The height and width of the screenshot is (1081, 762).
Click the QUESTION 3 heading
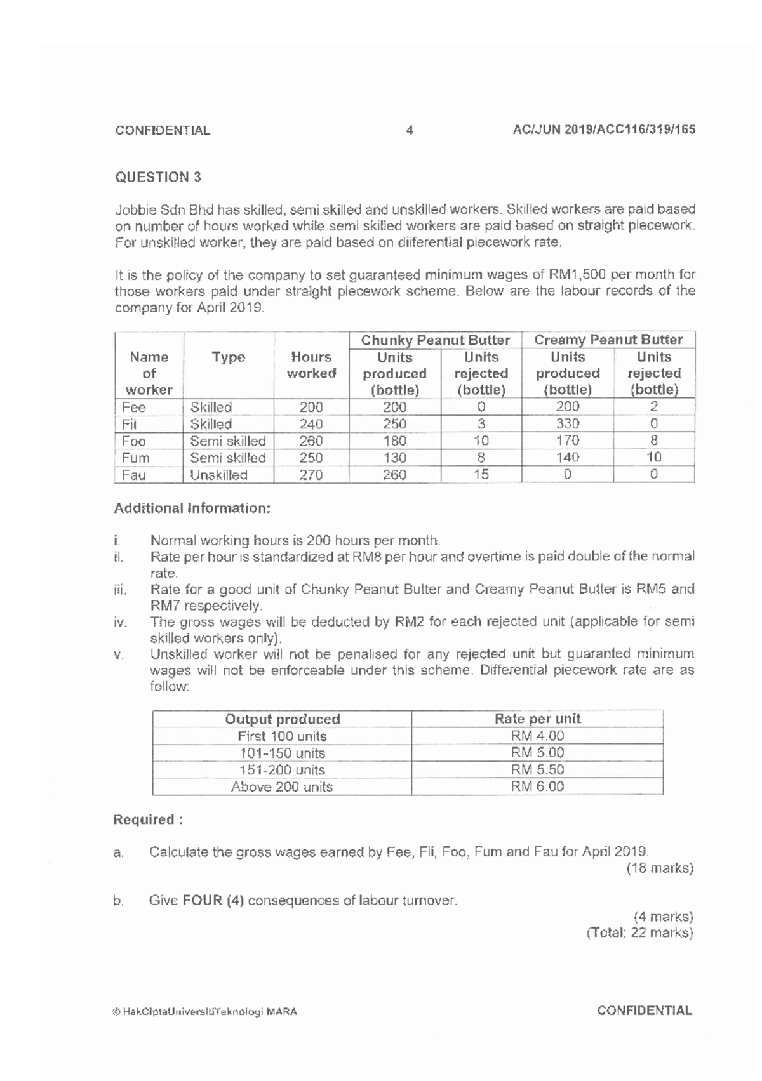coord(158,177)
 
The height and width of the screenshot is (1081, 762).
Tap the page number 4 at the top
coord(410,131)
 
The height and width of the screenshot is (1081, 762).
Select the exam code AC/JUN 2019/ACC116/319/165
coord(604,130)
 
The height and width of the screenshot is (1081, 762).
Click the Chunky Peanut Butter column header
coord(436,340)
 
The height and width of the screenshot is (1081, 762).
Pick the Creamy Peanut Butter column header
coord(608,340)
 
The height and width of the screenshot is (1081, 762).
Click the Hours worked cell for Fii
coord(311,424)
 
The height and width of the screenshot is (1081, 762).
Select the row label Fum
coord(136,458)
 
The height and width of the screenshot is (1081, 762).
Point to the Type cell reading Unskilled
coord(219,475)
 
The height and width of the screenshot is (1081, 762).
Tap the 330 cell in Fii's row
coord(568,424)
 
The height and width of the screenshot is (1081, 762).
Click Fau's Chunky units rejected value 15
coord(481,474)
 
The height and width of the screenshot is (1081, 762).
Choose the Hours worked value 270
coord(311,475)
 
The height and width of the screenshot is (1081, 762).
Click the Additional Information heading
coord(192,508)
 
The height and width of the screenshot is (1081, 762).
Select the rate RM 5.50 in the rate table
coord(537,770)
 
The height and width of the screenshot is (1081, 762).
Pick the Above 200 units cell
coord(282,787)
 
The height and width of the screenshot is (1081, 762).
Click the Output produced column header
coord(283,719)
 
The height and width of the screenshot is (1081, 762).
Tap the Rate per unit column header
coord(537,719)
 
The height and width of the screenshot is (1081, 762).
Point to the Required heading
coord(148,819)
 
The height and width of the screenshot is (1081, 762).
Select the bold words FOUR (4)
coord(213,901)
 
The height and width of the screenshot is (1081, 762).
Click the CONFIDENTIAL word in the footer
coord(645,1011)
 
